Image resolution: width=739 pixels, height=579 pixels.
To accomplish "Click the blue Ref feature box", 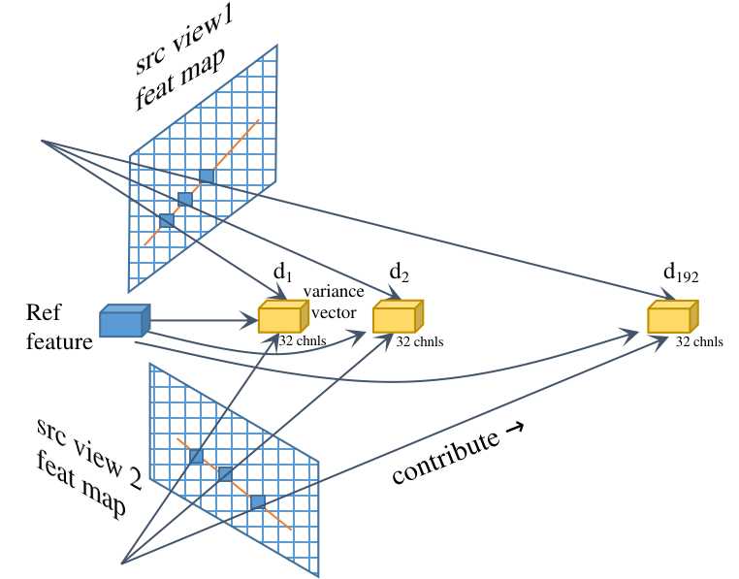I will (124, 322).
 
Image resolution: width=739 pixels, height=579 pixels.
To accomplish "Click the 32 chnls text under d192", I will (699, 341).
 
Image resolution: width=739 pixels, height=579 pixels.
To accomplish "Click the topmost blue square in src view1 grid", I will (207, 176).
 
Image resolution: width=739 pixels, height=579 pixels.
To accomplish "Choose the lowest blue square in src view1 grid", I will (166, 221).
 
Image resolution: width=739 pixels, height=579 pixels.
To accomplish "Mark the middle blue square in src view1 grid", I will (185, 199).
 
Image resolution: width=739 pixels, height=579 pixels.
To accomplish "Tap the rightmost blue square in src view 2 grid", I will (258, 501).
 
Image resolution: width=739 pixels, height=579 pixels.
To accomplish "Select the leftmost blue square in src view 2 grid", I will (196, 456).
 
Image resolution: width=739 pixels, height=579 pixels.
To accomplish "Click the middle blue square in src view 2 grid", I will (225, 473).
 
